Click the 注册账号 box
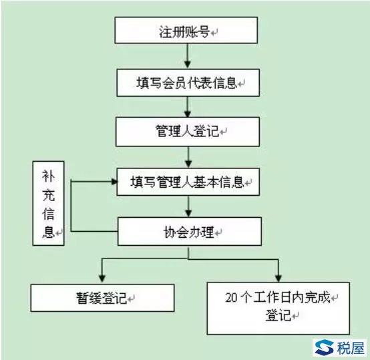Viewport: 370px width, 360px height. (186, 30)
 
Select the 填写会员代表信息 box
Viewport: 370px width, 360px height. (188, 83)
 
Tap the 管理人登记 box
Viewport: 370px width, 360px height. (188, 132)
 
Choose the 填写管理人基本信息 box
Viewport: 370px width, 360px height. (188, 182)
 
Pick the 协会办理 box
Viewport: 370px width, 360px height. (190, 231)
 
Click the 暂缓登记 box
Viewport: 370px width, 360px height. (102, 298)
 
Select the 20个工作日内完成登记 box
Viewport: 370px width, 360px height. (279, 308)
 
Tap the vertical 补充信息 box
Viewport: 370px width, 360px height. (48, 203)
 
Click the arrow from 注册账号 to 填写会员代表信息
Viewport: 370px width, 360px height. (188, 56)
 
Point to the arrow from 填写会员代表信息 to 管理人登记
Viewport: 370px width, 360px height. (188, 107)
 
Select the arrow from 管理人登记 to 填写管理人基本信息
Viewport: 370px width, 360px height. (188, 157)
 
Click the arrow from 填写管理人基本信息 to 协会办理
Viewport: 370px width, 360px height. (188, 206)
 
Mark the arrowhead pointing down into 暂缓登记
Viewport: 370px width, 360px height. (102, 279)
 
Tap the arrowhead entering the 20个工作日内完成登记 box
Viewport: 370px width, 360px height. (279, 278)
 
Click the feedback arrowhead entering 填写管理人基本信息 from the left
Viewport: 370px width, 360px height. (114, 182)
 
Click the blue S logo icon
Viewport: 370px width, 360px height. (324, 347)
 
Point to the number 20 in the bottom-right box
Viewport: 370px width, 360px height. (231, 298)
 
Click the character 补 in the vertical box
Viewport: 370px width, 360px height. (48, 176)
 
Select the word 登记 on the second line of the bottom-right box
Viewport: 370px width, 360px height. (279, 315)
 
